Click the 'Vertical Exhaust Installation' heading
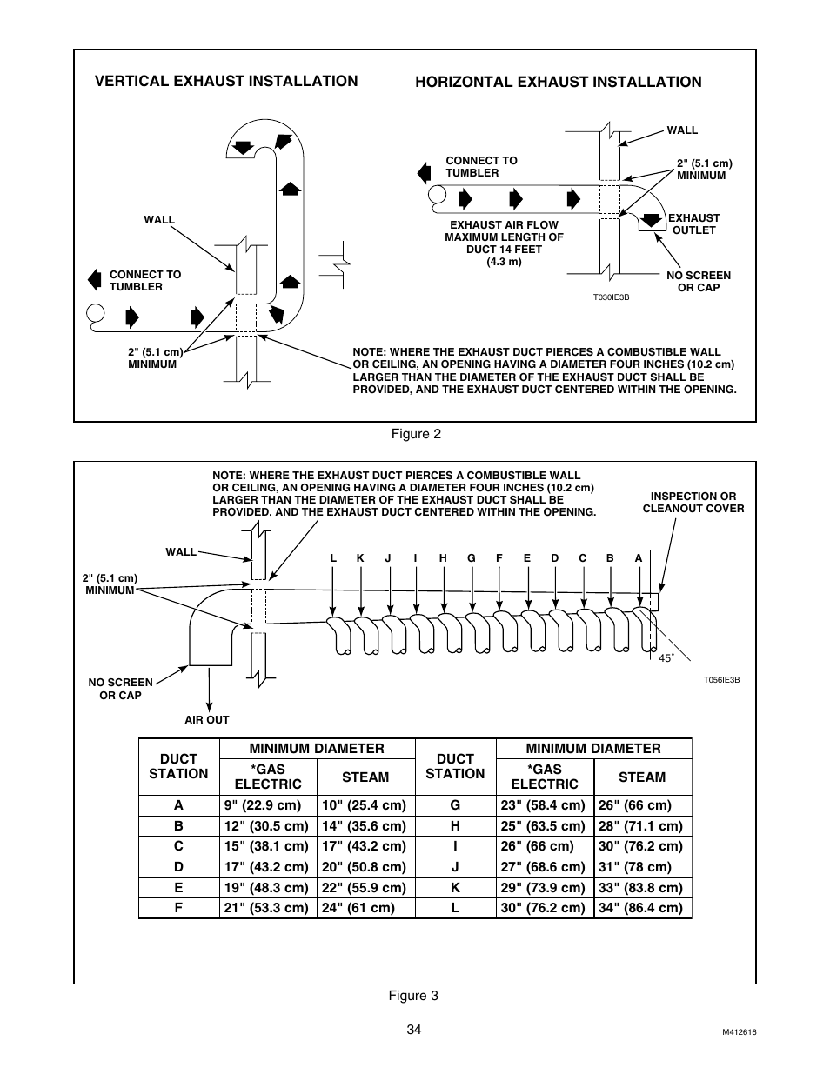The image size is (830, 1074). (226, 81)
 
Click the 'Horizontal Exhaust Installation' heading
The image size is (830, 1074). (558, 82)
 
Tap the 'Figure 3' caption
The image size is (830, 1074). (413, 996)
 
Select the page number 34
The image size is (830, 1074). (413, 1030)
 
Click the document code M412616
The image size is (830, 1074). (739, 1032)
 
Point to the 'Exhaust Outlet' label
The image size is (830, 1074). (693, 224)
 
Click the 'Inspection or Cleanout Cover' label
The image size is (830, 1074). (693, 503)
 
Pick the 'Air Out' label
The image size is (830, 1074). (207, 720)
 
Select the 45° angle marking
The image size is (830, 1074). (666, 658)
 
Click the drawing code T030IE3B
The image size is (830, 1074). (611, 297)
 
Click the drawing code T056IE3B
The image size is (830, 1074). (721, 680)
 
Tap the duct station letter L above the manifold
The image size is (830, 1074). (332, 558)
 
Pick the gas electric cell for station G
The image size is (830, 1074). (543, 805)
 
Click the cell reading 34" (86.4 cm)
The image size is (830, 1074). (640, 908)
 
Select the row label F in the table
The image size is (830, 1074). (178, 908)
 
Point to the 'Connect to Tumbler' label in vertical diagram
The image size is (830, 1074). (145, 280)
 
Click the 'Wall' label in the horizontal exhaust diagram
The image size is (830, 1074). (682, 130)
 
